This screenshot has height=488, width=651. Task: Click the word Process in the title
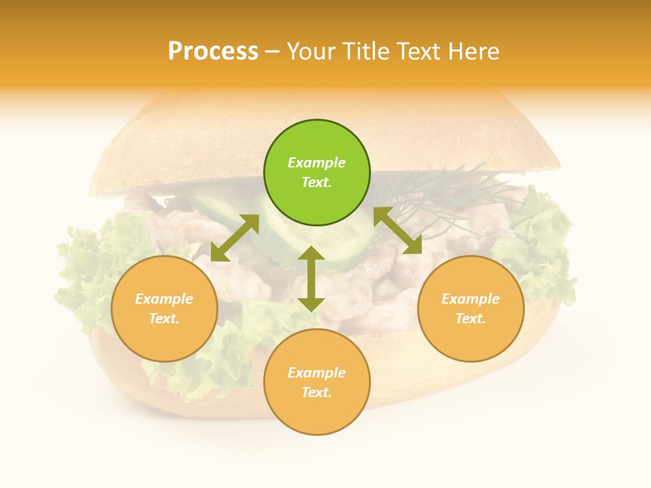point(213,52)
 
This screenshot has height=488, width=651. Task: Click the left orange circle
point(164,308)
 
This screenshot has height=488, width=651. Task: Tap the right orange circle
point(471,308)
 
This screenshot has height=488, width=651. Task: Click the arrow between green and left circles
point(235,238)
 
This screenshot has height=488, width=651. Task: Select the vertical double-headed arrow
point(311,279)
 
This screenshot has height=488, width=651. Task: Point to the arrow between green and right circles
point(397,230)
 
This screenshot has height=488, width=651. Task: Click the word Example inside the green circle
point(317,163)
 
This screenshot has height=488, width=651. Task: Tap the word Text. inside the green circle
point(317,182)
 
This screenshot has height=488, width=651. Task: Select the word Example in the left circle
point(164,299)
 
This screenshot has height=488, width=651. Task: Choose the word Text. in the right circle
point(471,319)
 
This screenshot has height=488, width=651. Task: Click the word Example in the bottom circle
point(317,373)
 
